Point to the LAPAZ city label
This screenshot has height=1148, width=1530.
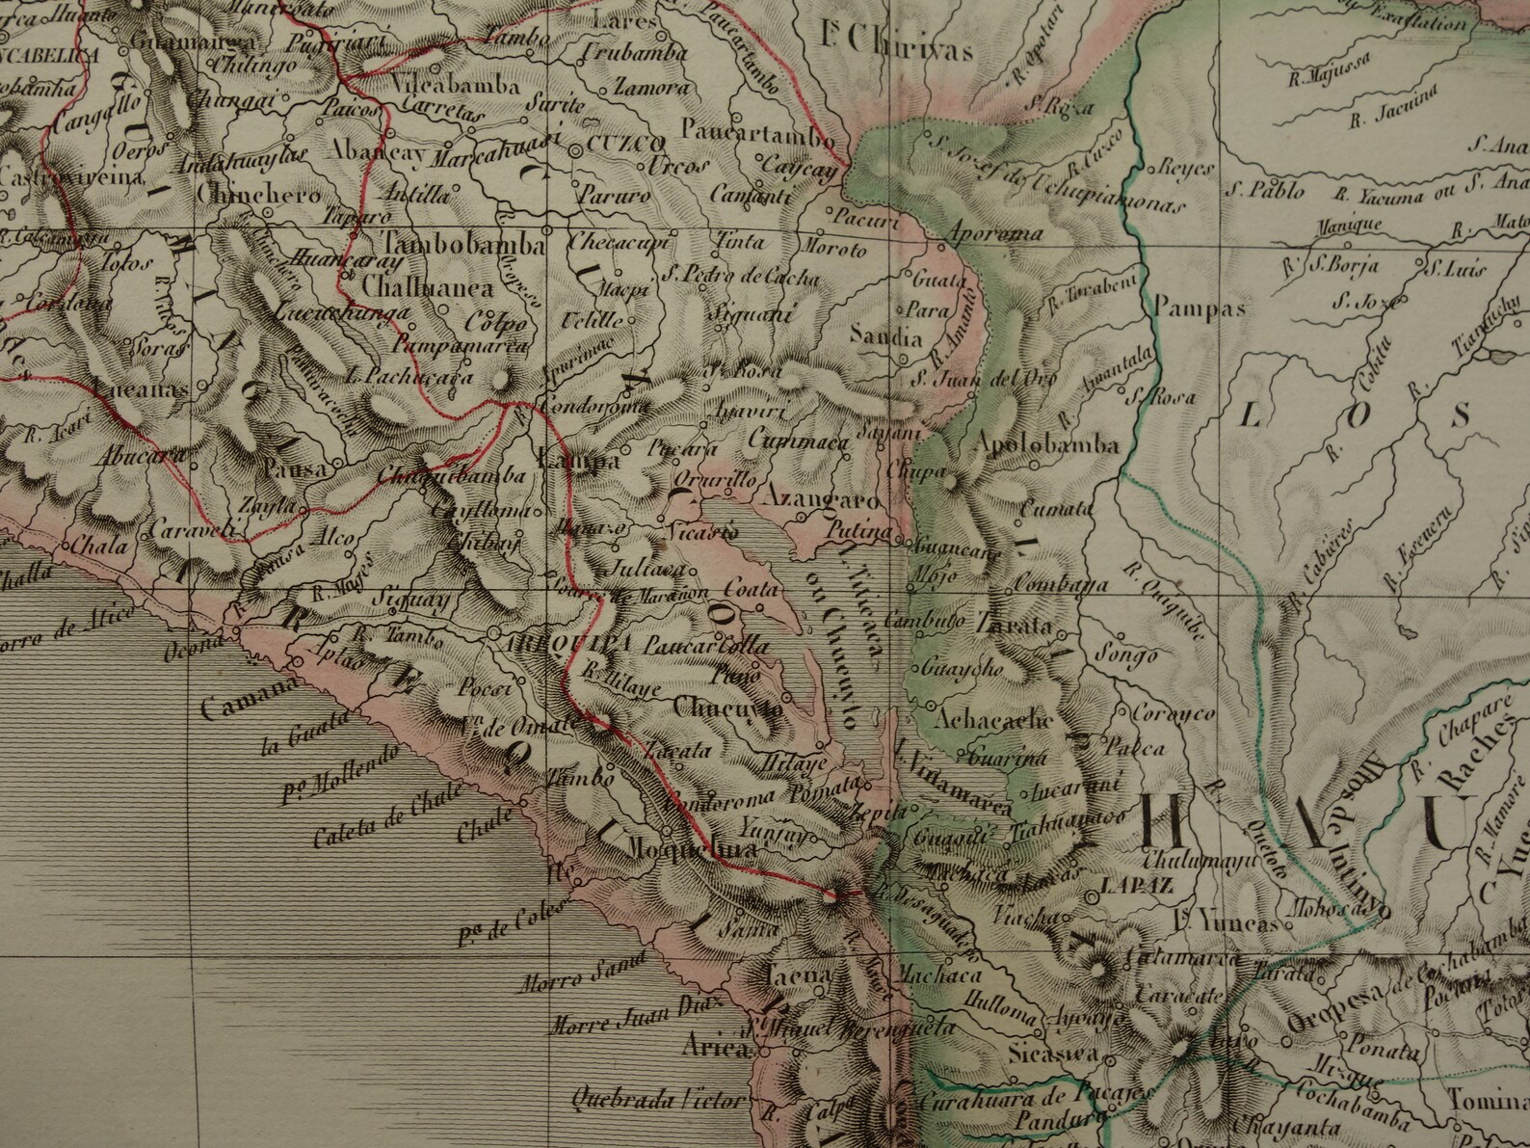click(1135, 884)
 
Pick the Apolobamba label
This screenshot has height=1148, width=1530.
click(1047, 445)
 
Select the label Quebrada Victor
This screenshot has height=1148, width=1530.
click(656, 1099)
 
